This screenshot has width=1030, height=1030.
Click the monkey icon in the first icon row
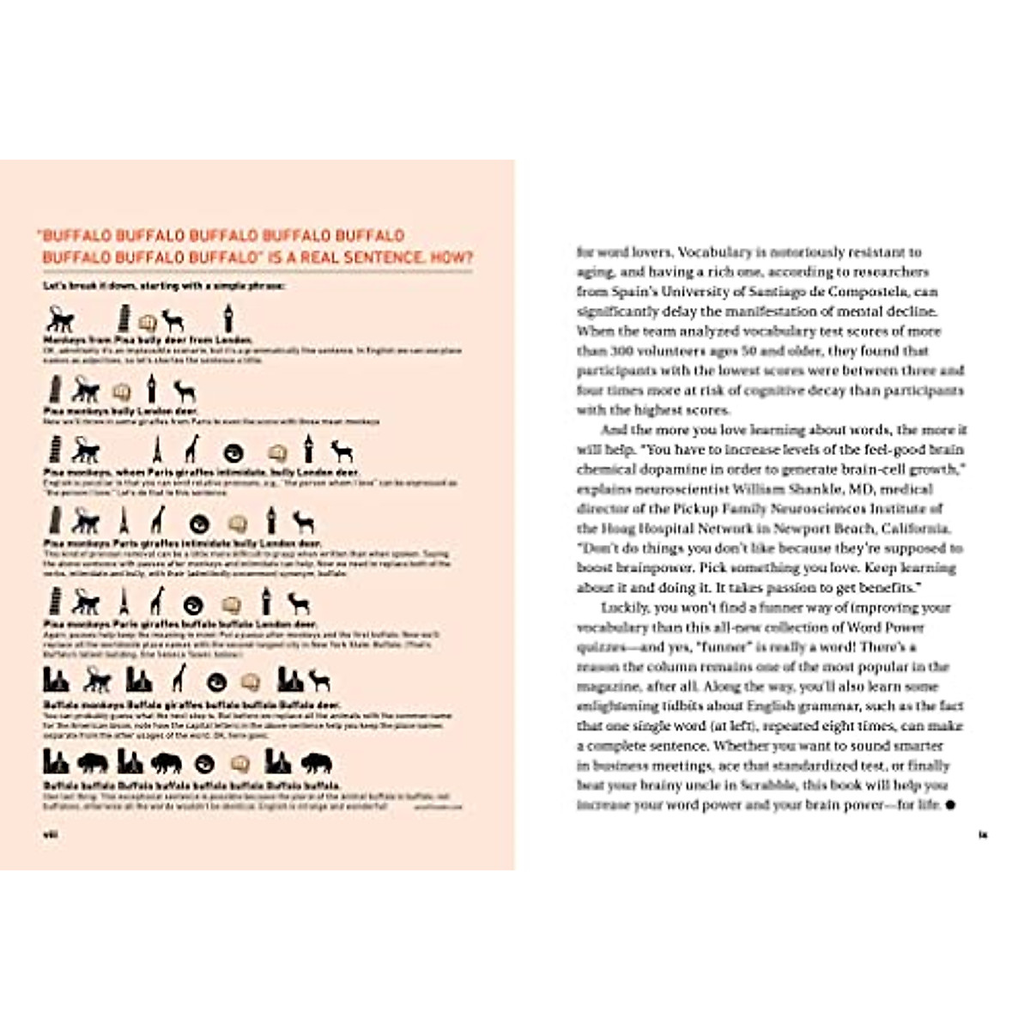coord(60,320)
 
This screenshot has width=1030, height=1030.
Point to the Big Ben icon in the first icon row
coord(227,318)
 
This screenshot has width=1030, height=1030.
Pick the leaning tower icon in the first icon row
coord(124,318)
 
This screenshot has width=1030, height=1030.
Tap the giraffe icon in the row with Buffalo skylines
coord(179,679)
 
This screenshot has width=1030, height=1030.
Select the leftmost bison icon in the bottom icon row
coord(93,762)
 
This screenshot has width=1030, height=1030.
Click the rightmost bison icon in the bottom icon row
coord(316,762)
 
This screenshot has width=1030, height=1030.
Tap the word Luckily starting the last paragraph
coord(626,608)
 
